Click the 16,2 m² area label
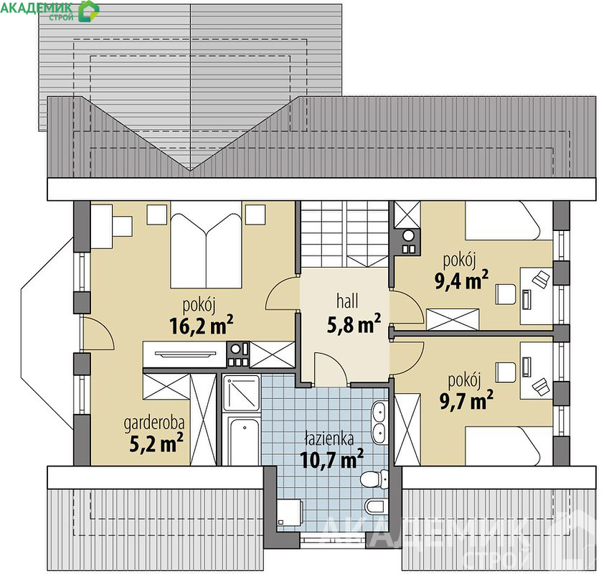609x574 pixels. point(202,325)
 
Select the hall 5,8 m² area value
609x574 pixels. point(354,324)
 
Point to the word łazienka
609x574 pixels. point(329,439)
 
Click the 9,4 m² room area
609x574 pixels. point(461,280)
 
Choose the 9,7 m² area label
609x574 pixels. point(466,400)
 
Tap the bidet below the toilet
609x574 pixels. point(377,506)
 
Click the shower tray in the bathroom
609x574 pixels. point(241,392)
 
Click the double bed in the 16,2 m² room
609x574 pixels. point(206,250)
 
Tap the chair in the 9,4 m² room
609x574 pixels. point(505,295)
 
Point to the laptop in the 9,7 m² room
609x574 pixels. point(541,386)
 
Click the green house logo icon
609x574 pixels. point(89,11)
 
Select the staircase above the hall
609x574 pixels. point(345,234)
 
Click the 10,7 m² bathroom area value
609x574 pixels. point(331,459)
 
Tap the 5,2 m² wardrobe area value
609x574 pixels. point(156,443)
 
